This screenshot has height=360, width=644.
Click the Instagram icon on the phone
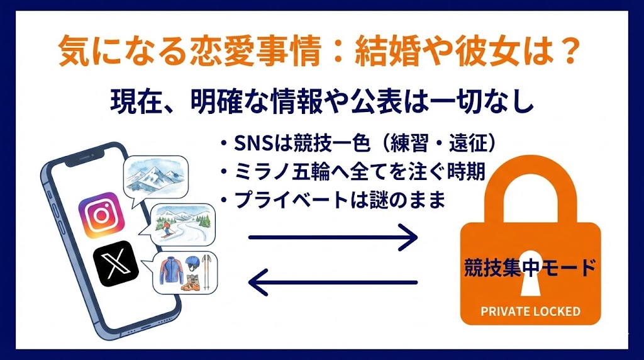pyautogui.click(x=100, y=215)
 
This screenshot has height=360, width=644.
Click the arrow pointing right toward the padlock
pyautogui.click(x=333, y=238)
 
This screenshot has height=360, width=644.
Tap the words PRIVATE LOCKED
pyautogui.click(x=530, y=312)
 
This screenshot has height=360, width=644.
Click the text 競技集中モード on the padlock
pyautogui.click(x=530, y=267)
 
